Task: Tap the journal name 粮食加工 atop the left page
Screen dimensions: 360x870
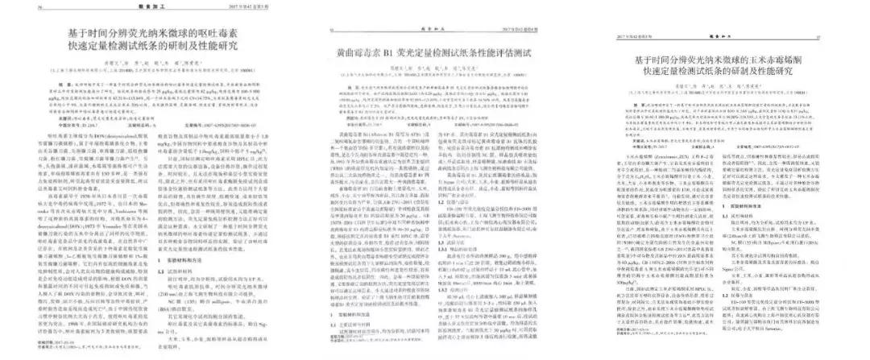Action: point(151,6)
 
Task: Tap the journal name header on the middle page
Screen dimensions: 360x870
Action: point(435,30)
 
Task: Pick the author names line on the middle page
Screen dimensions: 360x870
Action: point(435,69)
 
